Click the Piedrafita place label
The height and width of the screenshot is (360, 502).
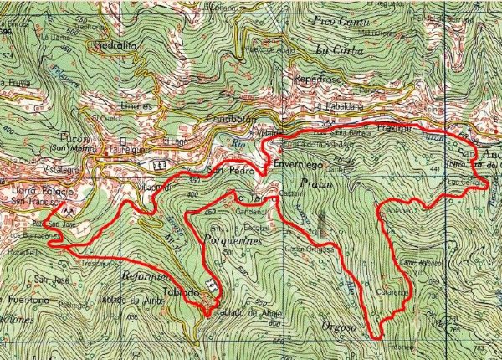pos(115,46)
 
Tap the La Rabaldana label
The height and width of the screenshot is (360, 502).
pos(345,107)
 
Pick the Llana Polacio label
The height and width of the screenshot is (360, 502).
pos(40,193)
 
